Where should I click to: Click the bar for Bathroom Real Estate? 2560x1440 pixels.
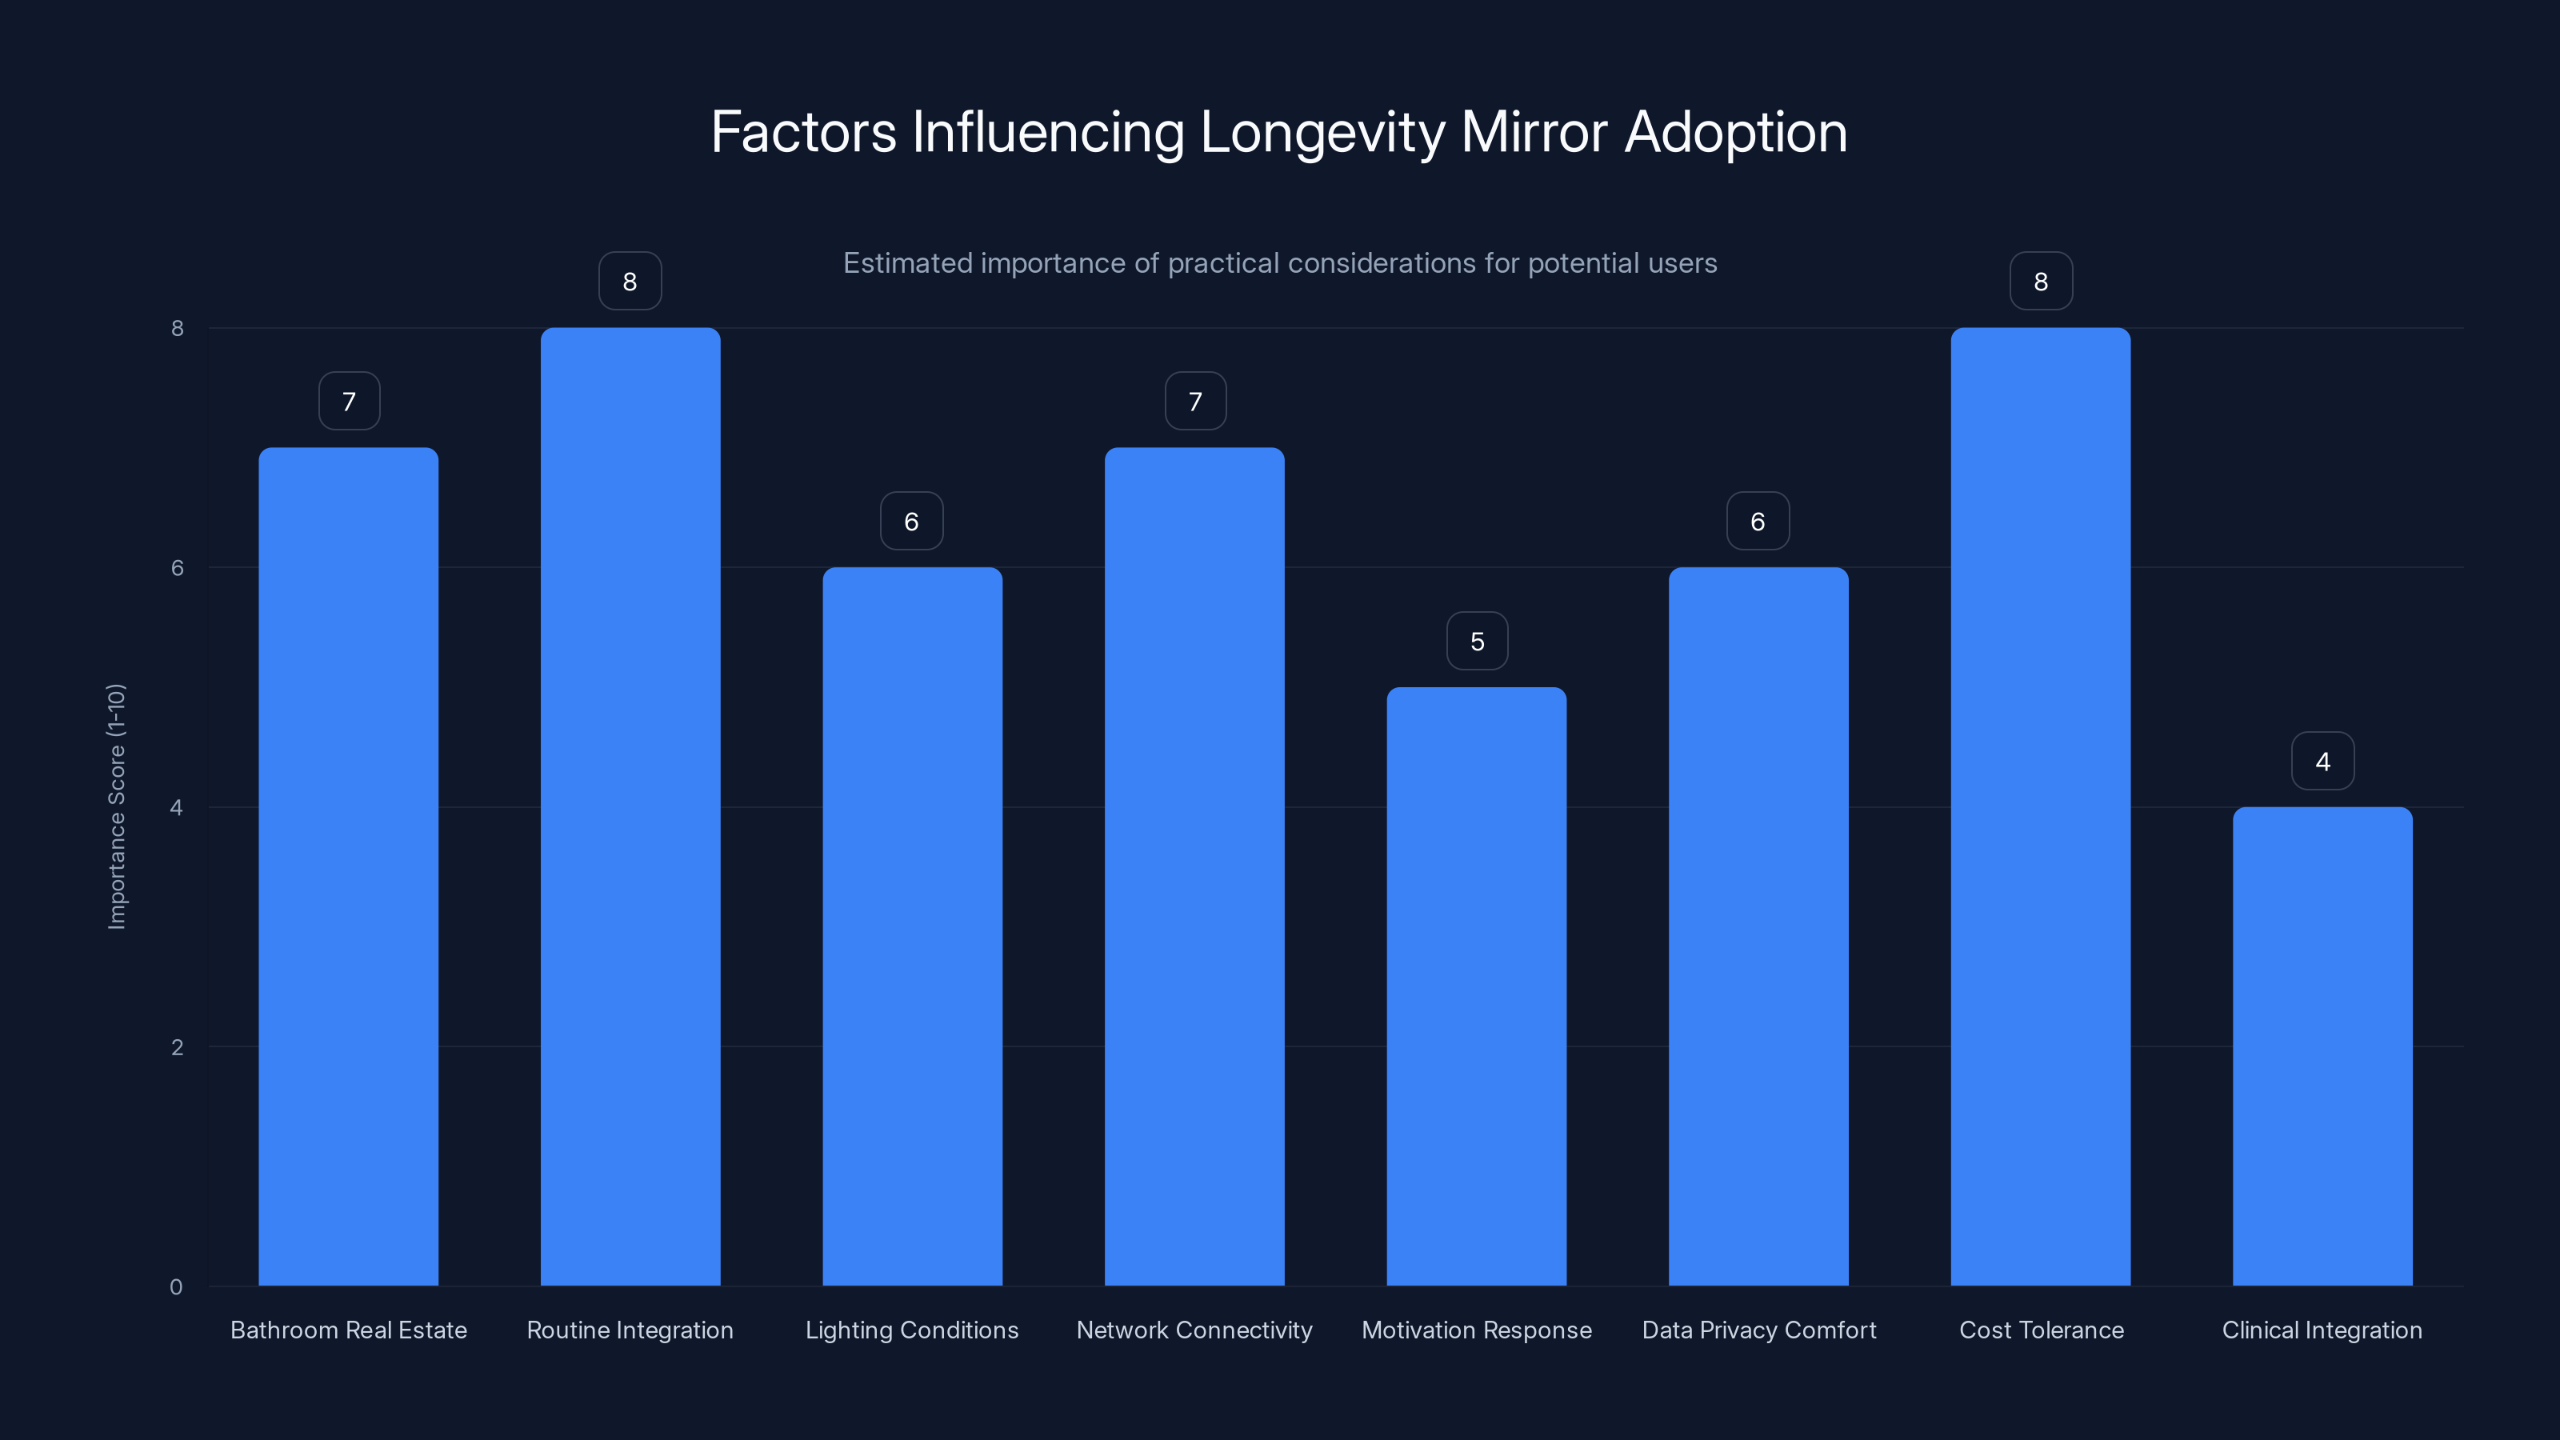coord(348,866)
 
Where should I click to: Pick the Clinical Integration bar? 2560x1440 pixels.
coord(2322,1046)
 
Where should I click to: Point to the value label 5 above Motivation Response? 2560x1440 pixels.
coord(1477,641)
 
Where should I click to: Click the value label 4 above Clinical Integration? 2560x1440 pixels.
coord(2322,762)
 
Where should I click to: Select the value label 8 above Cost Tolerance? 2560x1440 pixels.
coord(2040,282)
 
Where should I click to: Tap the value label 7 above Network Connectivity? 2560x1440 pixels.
coord(1194,402)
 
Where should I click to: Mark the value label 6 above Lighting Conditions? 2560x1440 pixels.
coord(911,521)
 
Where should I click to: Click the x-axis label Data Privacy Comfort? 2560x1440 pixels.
coord(1758,1330)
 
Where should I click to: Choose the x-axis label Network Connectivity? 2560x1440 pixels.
coord(1194,1330)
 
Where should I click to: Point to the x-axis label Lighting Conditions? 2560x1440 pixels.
coord(911,1330)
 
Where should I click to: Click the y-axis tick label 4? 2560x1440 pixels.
coord(177,807)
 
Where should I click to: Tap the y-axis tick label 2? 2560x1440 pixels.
coord(177,1046)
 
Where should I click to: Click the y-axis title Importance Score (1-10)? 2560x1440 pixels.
coord(116,806)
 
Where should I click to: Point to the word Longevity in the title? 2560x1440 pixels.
coord(1322,133)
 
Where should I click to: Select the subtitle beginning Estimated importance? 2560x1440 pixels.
coord(1279,263)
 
